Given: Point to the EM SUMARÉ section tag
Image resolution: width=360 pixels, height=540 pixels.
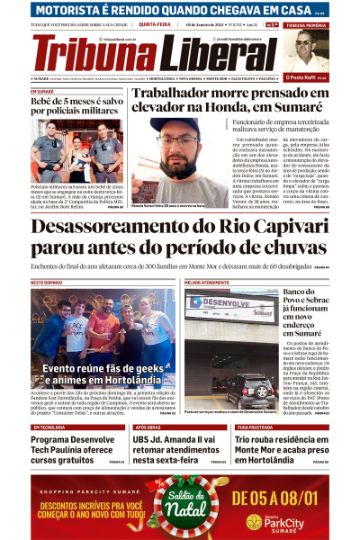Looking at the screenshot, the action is click(42, 92).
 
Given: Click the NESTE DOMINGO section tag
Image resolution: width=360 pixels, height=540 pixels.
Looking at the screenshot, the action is click(47, 283).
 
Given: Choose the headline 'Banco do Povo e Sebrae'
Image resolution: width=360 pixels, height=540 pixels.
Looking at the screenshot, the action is click(305, 311).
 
